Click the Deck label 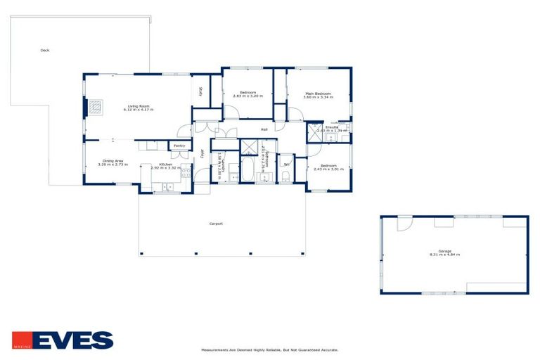point(45,51)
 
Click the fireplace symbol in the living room point(96,108)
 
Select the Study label point(200,91)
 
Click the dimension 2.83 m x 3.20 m point(248,96)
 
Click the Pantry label point(179,146)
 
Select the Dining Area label point(113,161)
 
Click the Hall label point(264,129)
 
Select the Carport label point(216,224)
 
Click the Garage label point(444,251)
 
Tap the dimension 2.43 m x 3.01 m point(328,169)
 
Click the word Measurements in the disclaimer point(215,349)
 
